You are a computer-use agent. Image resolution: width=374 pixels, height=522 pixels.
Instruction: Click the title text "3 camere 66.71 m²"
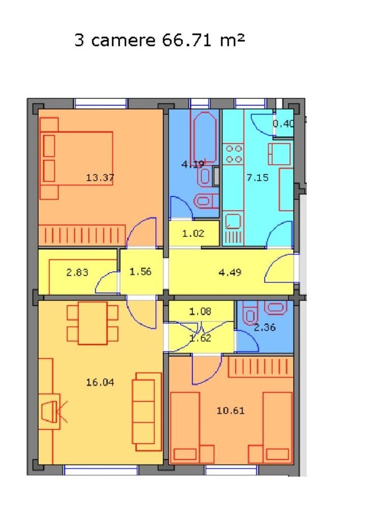pos(159,40)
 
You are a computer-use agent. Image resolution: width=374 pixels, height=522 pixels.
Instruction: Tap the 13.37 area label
pos(100,178)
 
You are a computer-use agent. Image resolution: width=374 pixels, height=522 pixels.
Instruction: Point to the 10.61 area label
pos(230,410)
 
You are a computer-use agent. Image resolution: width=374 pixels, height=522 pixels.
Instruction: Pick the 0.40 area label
pos(284,123)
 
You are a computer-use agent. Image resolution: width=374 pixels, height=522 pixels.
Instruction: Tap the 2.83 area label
pos(77,272)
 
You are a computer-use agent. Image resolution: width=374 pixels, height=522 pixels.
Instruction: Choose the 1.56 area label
pos(140,272)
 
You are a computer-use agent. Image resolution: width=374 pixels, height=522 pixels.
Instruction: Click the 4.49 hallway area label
pos(230,272)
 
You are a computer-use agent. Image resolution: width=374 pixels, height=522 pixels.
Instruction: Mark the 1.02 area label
pos(193,234)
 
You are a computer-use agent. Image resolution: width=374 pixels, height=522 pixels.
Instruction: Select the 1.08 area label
pos(200,311)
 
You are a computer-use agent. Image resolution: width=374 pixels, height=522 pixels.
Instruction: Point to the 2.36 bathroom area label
pos(264,328)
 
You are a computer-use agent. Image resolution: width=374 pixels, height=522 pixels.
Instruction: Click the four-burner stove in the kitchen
pos(233,154)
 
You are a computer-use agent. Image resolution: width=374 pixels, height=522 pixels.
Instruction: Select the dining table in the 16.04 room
pos(92,323)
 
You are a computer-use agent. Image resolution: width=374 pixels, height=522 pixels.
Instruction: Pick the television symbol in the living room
pos(51,411)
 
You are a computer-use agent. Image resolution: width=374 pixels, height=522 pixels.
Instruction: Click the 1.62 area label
pos(200,337)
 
